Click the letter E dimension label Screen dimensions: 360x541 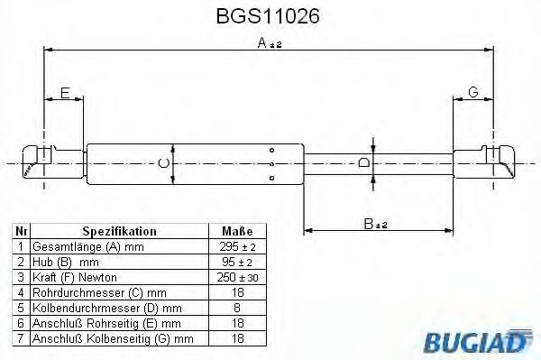coord(65,92)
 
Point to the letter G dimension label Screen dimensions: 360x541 coord(472,92)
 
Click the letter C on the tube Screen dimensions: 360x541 coord(162,163)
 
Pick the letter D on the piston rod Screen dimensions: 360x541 coord(363,163)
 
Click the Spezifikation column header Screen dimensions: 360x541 coord(120,231)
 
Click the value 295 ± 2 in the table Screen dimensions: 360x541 coord(237,246)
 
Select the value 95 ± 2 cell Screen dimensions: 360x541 coord(237,262)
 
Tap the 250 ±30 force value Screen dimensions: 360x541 coord(237,277)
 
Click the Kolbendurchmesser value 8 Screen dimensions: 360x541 coord(237,308)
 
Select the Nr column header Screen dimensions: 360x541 coord(20,231)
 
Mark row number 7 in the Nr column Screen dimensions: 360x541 coord(20,338)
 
